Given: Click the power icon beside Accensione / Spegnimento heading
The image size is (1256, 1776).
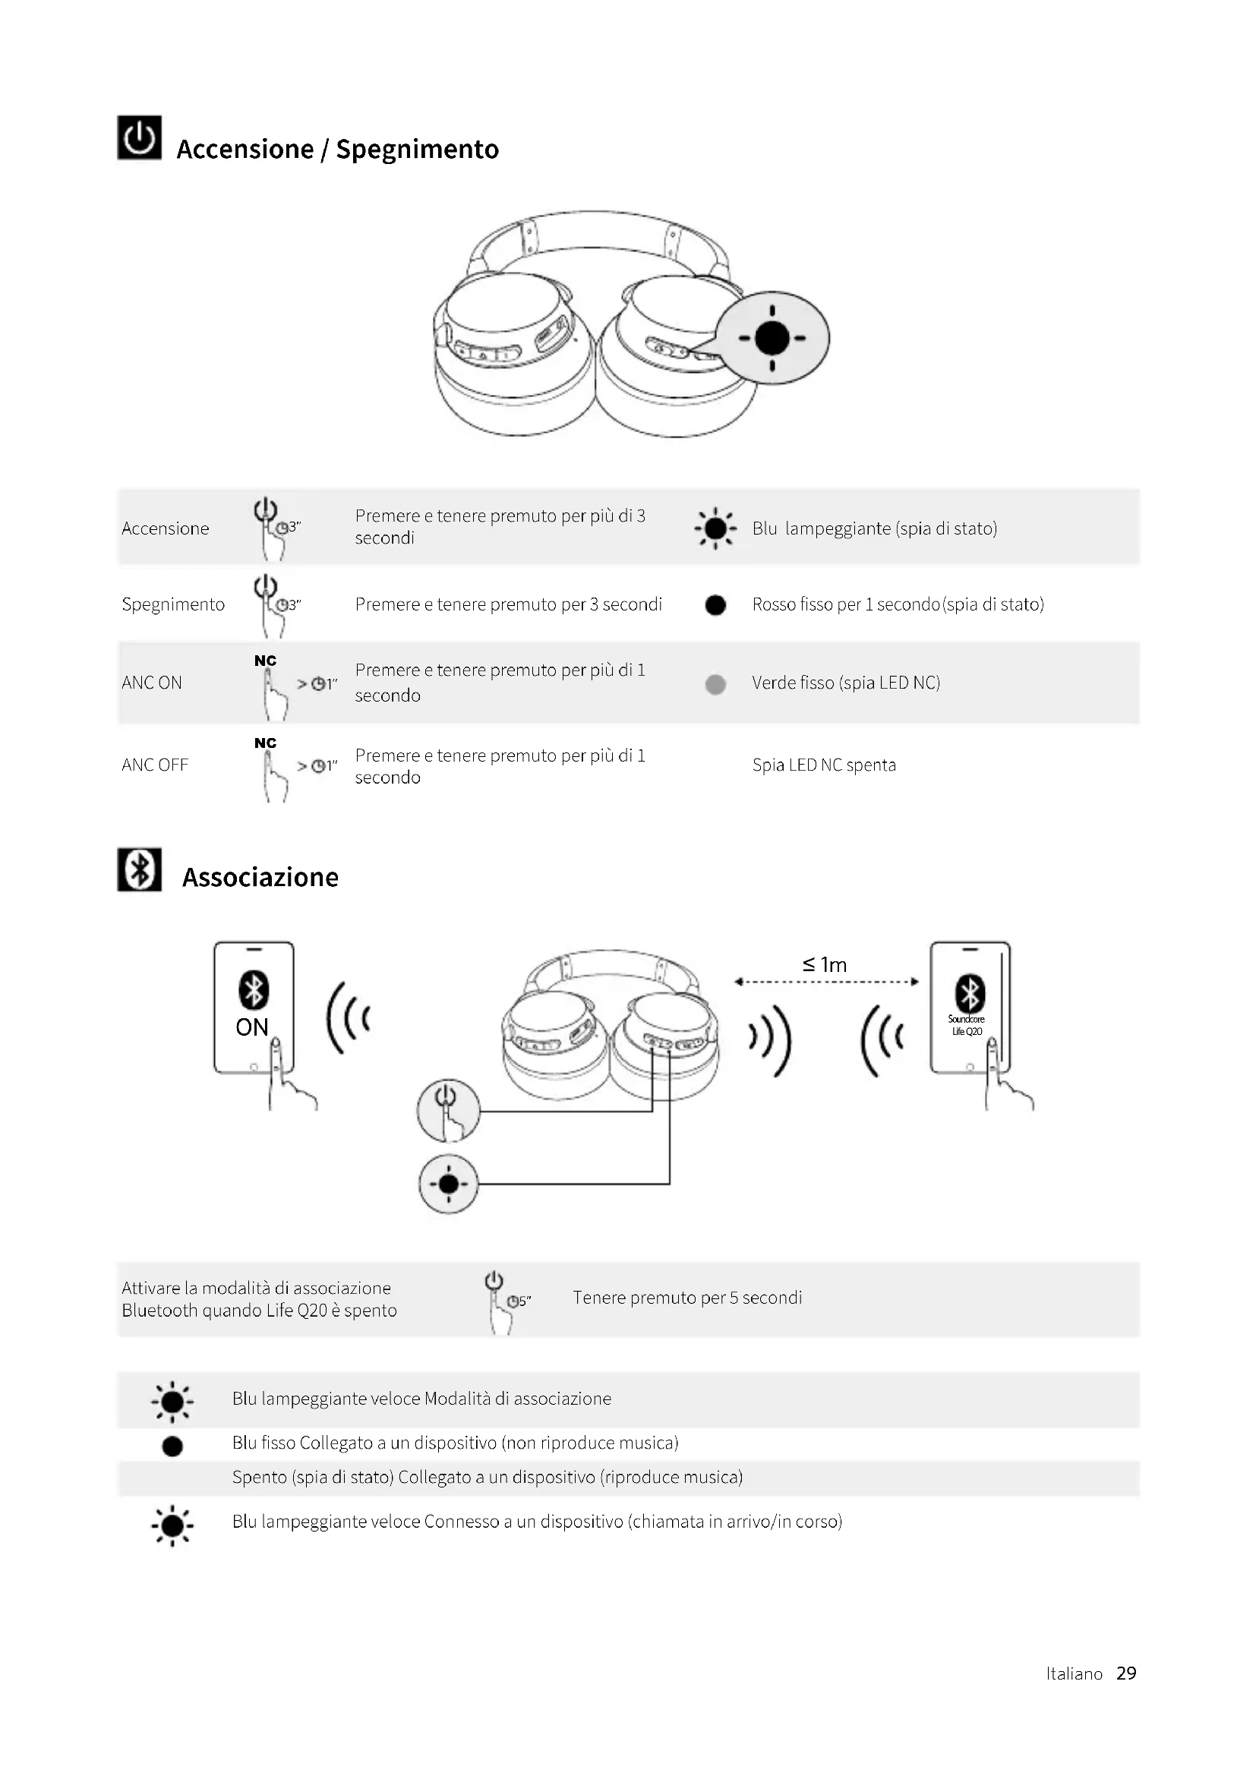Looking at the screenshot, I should [x=139, y=137].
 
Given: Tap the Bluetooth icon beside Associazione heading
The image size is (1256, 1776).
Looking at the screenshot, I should [x=139, y=869].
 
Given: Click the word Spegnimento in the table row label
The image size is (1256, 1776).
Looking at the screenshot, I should [x=173, y=604].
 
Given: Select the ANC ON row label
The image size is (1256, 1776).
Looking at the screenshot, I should [x=152, y=683].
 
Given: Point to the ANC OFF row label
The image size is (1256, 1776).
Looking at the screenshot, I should [x=155, y=765].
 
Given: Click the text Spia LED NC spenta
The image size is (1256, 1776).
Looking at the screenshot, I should [x=824, y=765].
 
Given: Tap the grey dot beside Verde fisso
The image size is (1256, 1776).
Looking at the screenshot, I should [x=715, y=684].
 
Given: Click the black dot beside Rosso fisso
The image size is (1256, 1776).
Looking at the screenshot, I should [x=715, y=605].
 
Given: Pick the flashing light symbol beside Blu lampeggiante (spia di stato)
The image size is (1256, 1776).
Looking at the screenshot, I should [x=715, y=528].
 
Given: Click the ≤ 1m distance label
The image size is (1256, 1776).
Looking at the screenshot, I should [x=825, y=964].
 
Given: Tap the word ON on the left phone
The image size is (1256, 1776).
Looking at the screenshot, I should [x=252, y=1027].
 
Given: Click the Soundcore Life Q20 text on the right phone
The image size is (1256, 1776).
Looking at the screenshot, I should [x=967, y=1025].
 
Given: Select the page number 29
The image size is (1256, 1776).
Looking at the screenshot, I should [x=1126, y=1673].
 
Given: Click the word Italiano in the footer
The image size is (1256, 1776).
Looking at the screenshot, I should [x=1075, y=1673].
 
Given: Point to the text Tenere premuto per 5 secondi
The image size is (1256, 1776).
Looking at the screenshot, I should [x=686, y=1297].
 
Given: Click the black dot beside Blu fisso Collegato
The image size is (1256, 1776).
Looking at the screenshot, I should [x=172, y=1446].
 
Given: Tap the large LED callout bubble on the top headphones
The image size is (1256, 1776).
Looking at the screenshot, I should [x=772, y=338].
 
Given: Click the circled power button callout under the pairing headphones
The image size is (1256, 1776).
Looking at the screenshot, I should [x=448, y=1110].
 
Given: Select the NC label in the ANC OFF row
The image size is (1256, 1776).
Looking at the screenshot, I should [x=265, y=743].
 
